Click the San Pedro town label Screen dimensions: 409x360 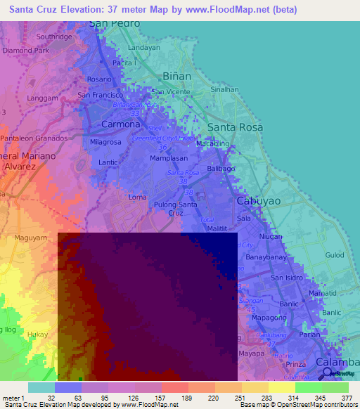point(115,23)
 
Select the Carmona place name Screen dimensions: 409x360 point(121,124)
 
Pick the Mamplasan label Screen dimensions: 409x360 point(167,160)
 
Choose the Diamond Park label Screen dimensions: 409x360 point(26,51)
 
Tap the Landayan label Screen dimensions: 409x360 point(144,48)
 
